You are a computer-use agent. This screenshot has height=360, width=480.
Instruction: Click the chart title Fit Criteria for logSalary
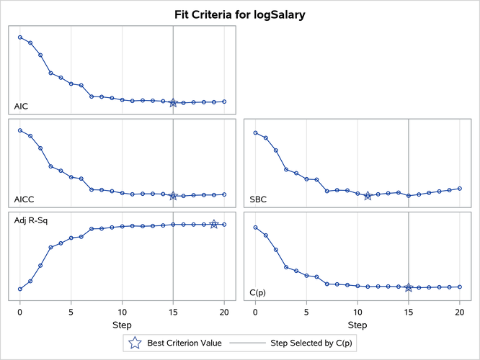pos(239,14)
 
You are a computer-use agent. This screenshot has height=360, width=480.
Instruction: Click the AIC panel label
pos(22,107)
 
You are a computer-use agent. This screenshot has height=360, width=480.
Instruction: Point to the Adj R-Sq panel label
pos(29,220)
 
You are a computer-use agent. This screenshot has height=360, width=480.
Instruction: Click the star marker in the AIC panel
pos(173,103)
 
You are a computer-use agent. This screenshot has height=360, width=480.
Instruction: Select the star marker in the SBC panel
pos(368,196)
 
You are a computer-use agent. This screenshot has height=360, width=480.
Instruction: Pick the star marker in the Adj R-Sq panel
pos(214,225)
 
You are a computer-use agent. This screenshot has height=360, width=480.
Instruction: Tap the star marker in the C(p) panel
pos(409,288)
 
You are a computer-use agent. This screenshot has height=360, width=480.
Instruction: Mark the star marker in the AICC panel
pos(173,196)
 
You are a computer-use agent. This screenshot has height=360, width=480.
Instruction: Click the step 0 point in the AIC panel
pos(20,37)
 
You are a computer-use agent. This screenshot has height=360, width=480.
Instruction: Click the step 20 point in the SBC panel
pos(460,189)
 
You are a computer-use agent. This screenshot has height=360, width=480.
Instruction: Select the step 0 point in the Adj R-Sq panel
pos(20,289)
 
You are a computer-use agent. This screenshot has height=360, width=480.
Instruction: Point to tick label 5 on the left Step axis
pos(71,313)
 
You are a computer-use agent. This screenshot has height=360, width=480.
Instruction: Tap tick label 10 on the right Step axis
pos(357,313)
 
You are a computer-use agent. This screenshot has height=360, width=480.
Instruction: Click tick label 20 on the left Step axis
pos(224,313)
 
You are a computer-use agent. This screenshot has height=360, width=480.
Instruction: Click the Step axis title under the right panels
pos(357,326)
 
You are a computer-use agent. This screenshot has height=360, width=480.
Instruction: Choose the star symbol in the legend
pos(135,343)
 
